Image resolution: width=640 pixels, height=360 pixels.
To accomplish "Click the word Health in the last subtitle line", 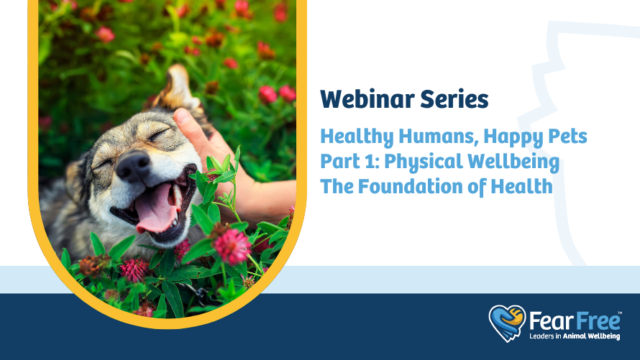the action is click(x=521, y=186).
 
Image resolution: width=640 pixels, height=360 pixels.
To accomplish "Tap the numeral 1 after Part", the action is click(x=370, y=162).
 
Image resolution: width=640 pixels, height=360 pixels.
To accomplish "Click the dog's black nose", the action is click(x=132, y=166).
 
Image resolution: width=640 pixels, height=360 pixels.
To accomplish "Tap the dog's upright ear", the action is click(x=177, y=88).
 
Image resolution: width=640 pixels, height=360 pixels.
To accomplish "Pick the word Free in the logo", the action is click(x=597, y=321).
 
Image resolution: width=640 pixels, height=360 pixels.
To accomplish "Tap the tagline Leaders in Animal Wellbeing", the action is click(x=575, y=336).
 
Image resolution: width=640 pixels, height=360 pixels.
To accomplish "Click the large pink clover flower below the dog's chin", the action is click(x=232, y=246).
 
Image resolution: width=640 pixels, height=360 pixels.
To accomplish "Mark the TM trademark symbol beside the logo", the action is click(x=619, y=313).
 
